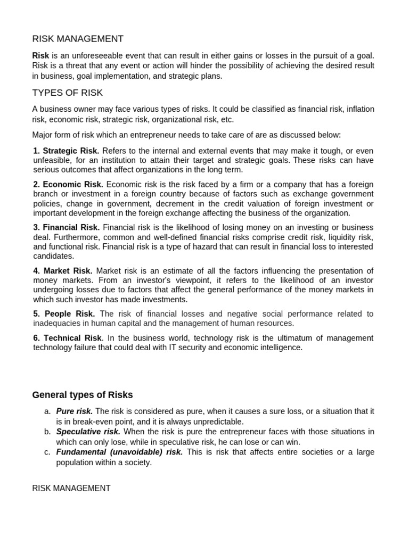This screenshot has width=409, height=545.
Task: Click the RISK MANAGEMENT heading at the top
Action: pos(78,39)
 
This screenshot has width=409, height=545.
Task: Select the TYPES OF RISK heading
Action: pos(68,93)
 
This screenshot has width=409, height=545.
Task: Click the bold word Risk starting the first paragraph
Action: pos(40,55)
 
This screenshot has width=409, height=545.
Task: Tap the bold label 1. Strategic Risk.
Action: pos(66,151)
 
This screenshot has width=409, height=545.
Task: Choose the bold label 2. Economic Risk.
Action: pos(68,184)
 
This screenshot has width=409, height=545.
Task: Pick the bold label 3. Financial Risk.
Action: pos(67,227)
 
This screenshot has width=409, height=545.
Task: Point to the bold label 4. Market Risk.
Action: pos(63,271)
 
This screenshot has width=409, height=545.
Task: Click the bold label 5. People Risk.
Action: pos(64,314)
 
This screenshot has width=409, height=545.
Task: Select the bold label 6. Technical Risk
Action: pos(67,338)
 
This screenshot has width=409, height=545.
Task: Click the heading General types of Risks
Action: pos(83,395)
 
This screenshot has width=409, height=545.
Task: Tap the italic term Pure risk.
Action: pos(75,411)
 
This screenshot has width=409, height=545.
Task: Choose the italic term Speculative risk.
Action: pos(88,432)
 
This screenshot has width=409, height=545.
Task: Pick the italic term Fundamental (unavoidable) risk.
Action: pos(119,452)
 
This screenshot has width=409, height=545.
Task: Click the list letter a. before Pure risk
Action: pos(48,411)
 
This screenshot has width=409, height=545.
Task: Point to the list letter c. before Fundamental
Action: pos(48,452)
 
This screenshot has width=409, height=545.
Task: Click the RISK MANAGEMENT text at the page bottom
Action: pos(71,488)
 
